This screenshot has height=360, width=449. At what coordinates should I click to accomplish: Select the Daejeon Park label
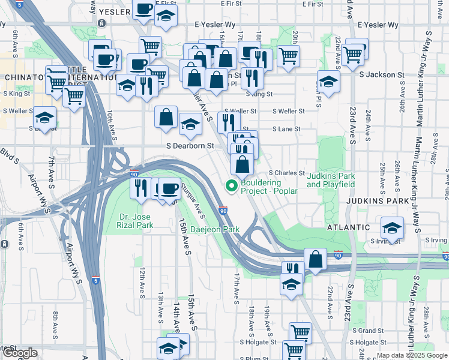coord(215,229)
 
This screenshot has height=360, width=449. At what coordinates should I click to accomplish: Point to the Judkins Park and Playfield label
coord(330,180)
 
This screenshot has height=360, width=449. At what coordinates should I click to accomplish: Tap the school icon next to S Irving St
coord(392,228)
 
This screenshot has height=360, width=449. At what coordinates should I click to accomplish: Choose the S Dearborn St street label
coord(190,146)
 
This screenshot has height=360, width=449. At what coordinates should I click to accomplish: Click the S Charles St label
coord(287,173)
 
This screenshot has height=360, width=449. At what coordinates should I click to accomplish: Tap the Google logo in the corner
coord(19,353)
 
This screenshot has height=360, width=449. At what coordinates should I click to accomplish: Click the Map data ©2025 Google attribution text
coord(411,355)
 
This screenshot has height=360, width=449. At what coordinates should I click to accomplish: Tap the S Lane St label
coord(286,129)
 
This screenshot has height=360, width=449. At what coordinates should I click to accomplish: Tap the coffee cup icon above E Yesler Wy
coord(143,10)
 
